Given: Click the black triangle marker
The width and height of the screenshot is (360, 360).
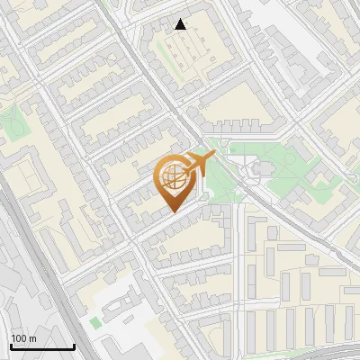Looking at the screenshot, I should click(x=181, y=24).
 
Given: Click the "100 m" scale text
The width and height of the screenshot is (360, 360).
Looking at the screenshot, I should click(x=23, y=338).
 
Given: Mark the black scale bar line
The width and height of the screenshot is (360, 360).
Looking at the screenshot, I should click(x=41, y=347).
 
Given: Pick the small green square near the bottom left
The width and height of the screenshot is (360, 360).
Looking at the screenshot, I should click(x=95, y=321).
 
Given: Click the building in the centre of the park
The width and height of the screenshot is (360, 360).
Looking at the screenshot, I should click(x=256, y=168).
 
